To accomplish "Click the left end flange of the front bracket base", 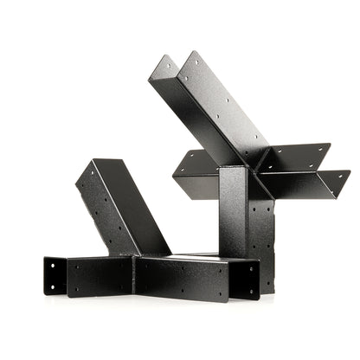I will tap(54, 275).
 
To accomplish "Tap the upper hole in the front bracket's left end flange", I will tap(53, 265).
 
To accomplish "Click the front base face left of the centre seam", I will tap(100, 276).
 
